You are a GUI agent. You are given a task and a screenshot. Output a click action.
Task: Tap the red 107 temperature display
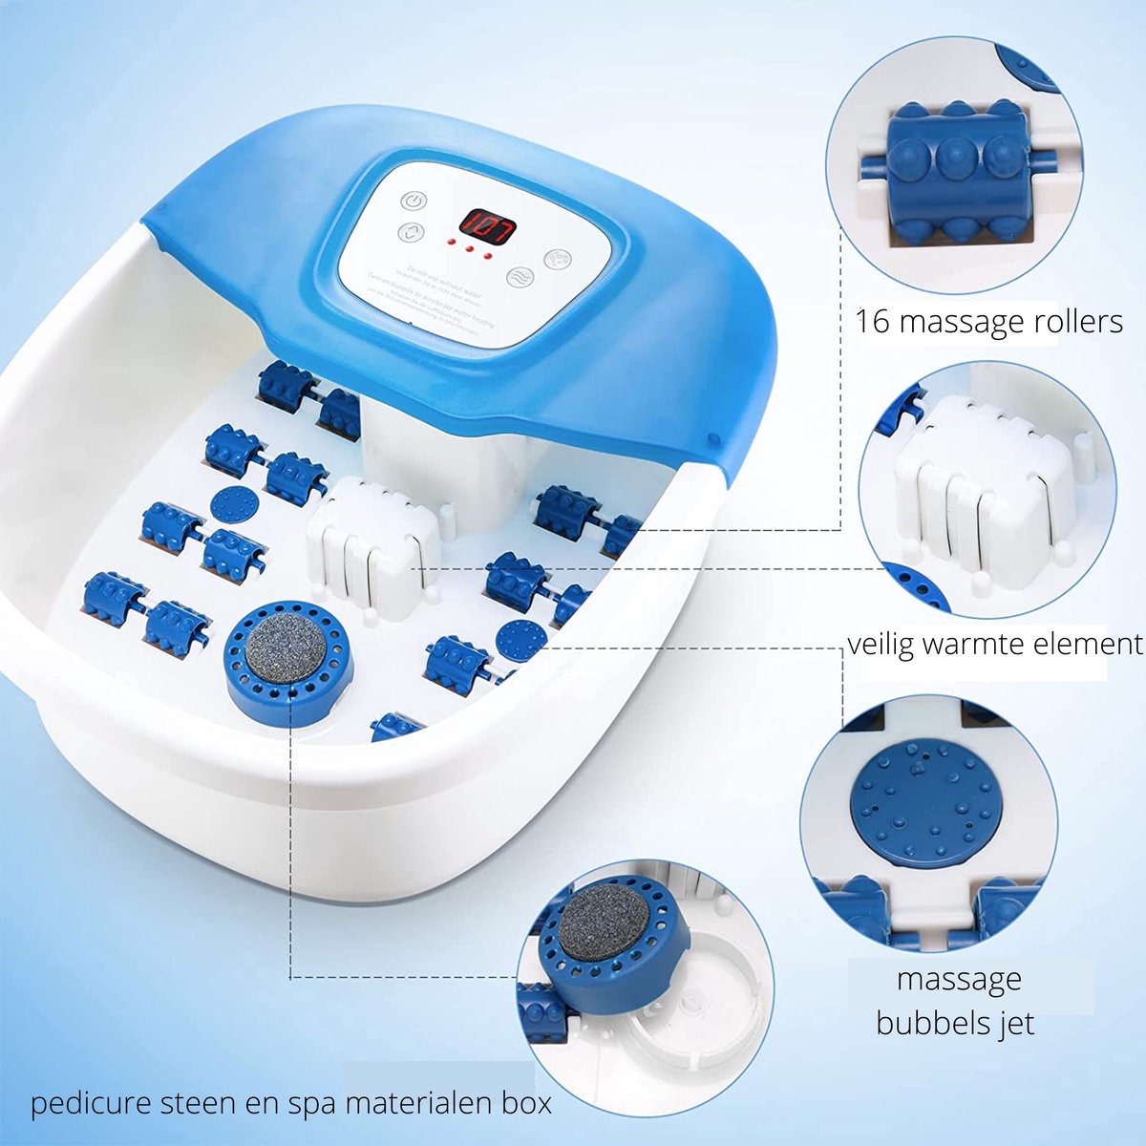[x=487, y=226]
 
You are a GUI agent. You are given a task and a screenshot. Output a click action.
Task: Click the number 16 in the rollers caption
[x=873, y=321]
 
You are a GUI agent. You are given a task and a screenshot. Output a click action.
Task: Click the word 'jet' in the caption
[x=1015, y=1024]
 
